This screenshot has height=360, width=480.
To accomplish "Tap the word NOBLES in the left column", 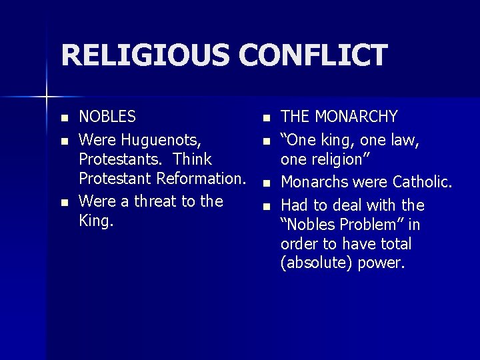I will coord(107,117).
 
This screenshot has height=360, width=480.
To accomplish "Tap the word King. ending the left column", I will coord(96,221).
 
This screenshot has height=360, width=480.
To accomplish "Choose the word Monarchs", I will coord(312,182).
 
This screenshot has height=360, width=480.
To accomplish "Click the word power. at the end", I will coord(381,263).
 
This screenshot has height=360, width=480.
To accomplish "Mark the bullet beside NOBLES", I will coord(63,119).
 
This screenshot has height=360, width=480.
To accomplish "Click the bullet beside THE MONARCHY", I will coord(265,119).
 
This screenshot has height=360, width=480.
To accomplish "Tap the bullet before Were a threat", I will coord(63,202).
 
